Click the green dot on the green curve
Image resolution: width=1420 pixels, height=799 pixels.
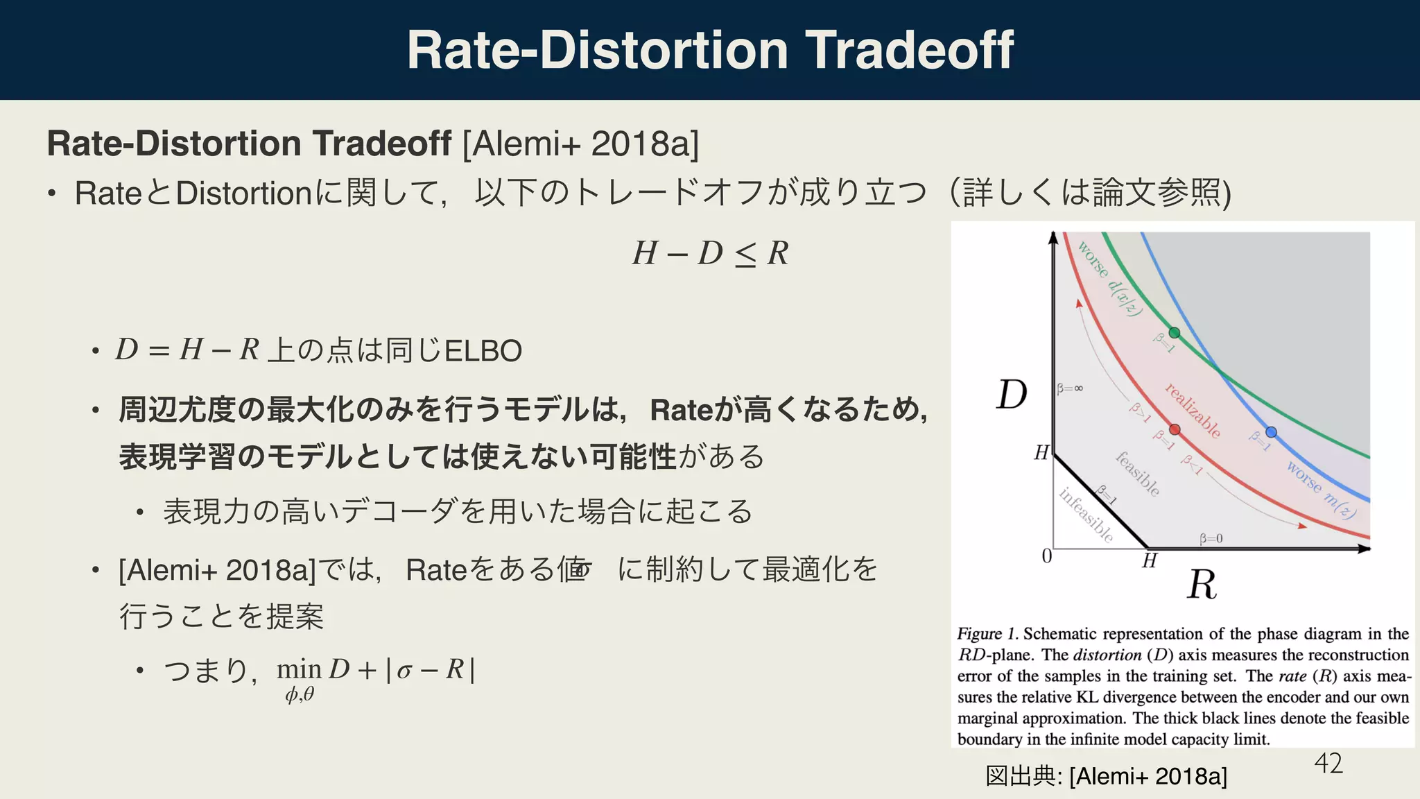point(1174,333)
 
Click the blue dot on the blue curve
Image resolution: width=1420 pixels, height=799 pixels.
point(1271,432)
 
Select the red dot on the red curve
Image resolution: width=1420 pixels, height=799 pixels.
point(1175,430)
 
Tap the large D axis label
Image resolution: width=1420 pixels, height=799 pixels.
point(1012,395)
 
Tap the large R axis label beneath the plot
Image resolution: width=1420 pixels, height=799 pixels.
point(1202,585)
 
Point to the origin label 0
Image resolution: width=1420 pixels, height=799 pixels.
point(1047,556)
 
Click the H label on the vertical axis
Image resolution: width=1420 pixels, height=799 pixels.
point(1041,453)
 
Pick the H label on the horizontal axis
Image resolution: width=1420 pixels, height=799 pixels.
point(1150,560)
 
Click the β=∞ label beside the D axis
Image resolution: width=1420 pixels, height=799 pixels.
point(1070,389)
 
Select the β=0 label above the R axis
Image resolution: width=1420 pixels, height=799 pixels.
point(1211,538)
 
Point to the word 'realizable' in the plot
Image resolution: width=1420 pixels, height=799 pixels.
point(1193,411)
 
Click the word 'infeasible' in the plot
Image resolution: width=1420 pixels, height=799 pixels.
point(1086,515)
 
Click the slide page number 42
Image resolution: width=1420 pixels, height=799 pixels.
point(1328,764)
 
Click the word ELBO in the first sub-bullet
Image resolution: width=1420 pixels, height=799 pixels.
point(483,352)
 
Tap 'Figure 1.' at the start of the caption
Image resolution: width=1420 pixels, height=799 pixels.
point(987,634)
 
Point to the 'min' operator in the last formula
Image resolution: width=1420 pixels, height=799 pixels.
point(299,669)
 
